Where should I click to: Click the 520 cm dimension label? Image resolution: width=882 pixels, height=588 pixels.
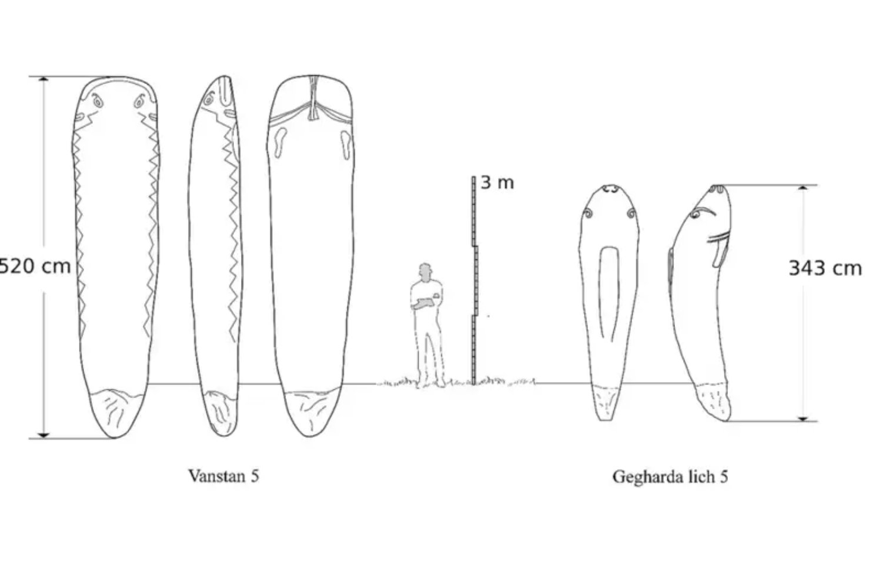click(35, 266)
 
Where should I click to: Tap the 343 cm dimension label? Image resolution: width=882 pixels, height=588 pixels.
click(826, 269)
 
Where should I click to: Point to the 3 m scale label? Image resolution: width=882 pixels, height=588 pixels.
click(497, 183)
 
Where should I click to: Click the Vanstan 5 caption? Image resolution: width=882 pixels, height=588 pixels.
click(223, 476)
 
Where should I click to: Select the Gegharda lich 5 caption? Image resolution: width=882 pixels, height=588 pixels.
click(670, 477)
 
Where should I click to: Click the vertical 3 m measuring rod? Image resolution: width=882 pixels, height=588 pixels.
click(475, 280)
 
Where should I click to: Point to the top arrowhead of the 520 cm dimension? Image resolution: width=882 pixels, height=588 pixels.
click(44, 79)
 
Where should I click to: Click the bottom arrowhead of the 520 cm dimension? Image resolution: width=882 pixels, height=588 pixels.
click(44, 435)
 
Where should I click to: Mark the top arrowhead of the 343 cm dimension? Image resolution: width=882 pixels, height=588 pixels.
click(803, 188)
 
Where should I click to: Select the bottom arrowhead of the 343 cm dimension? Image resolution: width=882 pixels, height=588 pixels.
click(803, 419)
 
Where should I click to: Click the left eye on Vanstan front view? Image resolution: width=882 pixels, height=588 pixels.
click(97, 101)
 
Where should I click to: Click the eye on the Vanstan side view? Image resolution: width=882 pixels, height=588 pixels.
click(209, 98)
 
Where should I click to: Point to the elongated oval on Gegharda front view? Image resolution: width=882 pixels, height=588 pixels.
click(609, 293)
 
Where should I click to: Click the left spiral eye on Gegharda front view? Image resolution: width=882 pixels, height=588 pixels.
click(587, 213)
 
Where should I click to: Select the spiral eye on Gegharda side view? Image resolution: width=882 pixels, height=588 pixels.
click(696, 214)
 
